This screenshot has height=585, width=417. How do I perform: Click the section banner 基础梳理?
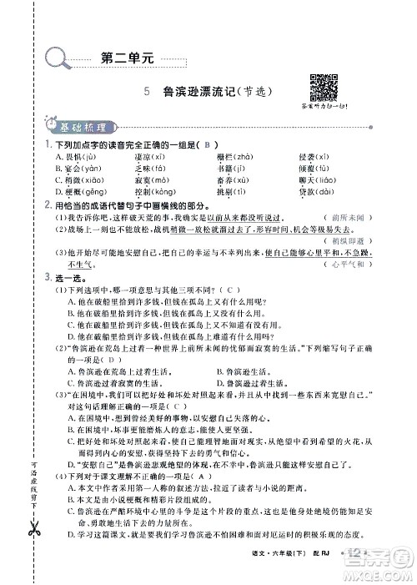[83, 128]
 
